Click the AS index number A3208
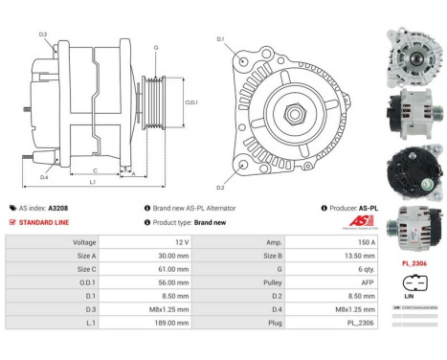[x=57, y=207]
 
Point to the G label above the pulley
[x=155, y=46]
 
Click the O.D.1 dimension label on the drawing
[x=191, y=102]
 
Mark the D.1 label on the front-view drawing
[x=220, y=39]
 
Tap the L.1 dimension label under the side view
[x=91, y=181]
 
